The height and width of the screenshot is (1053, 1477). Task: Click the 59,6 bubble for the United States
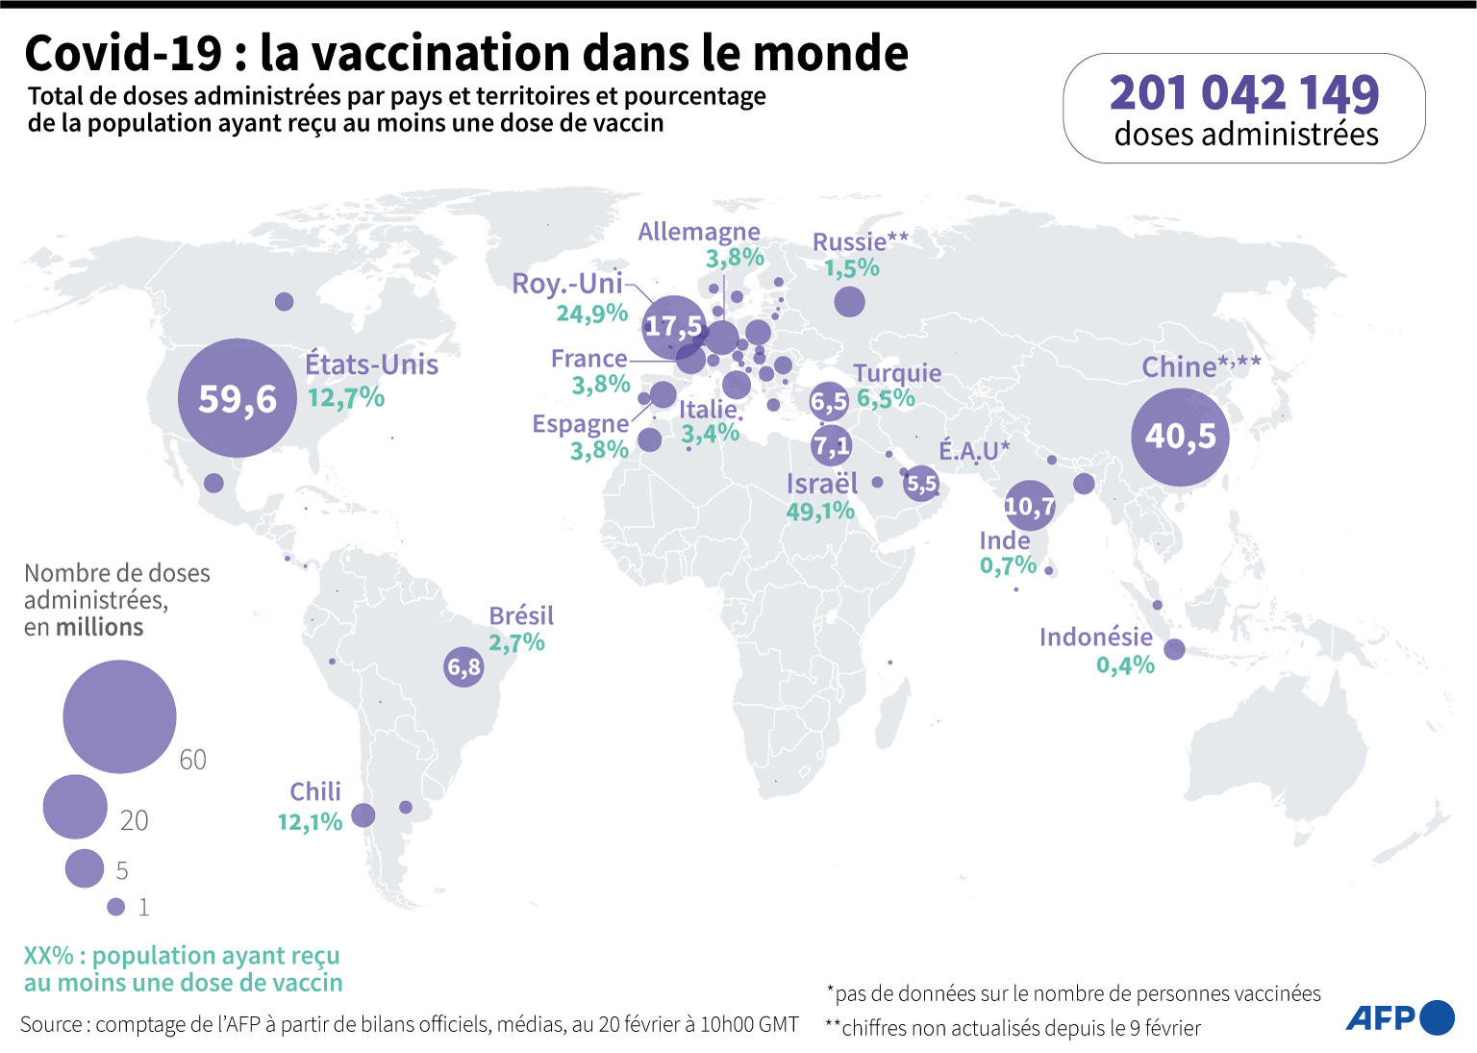238,398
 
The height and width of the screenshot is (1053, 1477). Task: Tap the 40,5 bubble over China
1180,437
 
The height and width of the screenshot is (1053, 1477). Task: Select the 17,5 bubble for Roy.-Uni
673,327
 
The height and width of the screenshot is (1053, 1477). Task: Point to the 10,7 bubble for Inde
1030,506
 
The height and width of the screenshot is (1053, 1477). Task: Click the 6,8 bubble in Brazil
463,666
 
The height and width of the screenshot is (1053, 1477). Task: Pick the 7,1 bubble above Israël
831,445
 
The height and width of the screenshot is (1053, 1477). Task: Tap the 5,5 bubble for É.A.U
921,484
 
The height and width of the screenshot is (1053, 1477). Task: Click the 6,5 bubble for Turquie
829,401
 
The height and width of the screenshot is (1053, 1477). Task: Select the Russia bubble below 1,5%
849,302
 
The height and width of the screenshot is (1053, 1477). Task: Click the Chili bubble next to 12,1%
363,815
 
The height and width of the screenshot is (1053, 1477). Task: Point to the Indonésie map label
1095,637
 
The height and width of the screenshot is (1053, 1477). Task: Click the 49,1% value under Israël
820,511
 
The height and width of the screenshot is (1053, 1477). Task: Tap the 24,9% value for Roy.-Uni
591,313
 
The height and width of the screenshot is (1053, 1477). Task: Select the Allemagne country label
699,232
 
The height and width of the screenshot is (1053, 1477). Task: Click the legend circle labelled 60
119,716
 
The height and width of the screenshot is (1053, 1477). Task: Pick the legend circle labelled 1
116,906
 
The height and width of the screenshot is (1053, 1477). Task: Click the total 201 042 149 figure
1244,93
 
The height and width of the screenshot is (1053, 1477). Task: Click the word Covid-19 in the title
123,53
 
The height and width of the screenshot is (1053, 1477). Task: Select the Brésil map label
521,615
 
